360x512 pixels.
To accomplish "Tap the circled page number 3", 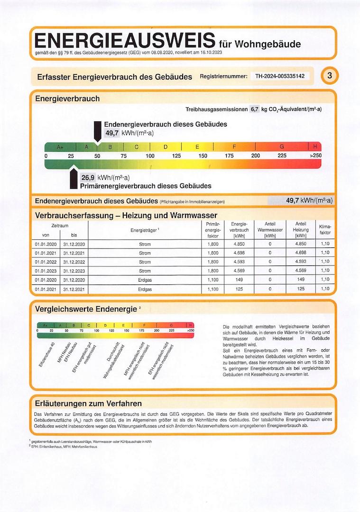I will click(x=330, y=75).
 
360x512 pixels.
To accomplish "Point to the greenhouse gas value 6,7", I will click(x=254, y=109).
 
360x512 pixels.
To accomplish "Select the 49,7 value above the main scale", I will click(x=112, y=133).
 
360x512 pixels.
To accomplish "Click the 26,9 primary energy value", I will click(x=88, y=178).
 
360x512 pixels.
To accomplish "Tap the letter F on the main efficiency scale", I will click(x=234, y=147).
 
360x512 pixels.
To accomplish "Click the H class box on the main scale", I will click(x=314, y=147).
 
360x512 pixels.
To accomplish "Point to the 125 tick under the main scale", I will click(x=176, y=156).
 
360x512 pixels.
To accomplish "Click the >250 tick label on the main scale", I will click(x=315, y=156).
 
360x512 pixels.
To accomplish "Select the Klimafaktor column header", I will click(x=325, y=229).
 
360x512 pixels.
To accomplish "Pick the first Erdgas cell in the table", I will click(x=145, y=280).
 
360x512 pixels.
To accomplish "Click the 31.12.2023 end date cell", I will click(x=74, y=271).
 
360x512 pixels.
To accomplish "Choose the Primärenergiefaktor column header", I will click(x=213, y=229).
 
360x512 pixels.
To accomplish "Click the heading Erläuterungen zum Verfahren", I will click(x=88, y=403).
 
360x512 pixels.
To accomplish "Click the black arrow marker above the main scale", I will click(x=98, y=132).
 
